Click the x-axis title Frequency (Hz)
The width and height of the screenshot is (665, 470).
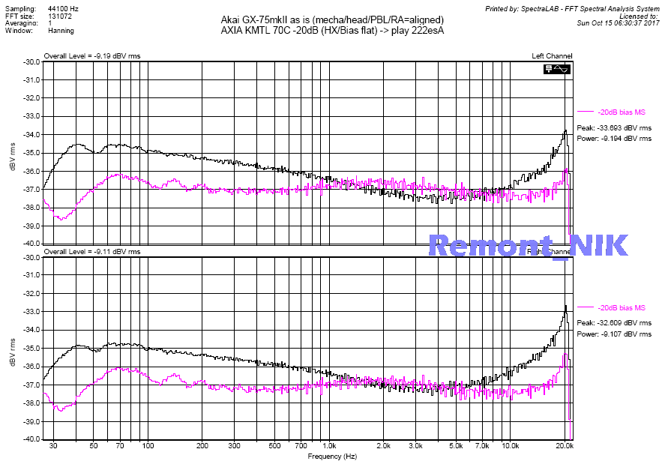coord(332,456)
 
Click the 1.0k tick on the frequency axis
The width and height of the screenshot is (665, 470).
coord(328,446)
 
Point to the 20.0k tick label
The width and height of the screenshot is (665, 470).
coord(565,446)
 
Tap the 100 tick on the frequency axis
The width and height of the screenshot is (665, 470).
coord(148,446)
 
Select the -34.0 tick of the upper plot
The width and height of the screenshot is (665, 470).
coord(31,135)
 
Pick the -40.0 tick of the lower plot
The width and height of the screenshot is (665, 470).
coord(31,440)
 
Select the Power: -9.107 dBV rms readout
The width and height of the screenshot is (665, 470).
coord(613,334)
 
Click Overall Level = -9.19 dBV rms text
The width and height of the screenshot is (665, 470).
coord(91,56)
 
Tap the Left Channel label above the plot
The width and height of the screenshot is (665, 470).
coord(552,56)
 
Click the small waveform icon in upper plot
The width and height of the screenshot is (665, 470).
coord(558,69)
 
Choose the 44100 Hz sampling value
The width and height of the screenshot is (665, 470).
coord(62,7)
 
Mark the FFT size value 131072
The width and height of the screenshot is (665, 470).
coord(61,16)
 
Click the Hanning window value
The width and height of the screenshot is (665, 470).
coord(61,31)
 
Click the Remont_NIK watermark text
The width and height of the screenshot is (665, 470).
coord(528,245)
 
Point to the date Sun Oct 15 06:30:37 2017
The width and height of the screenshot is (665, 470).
coord(618,23)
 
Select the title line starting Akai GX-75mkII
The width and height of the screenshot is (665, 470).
coord(332,19)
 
